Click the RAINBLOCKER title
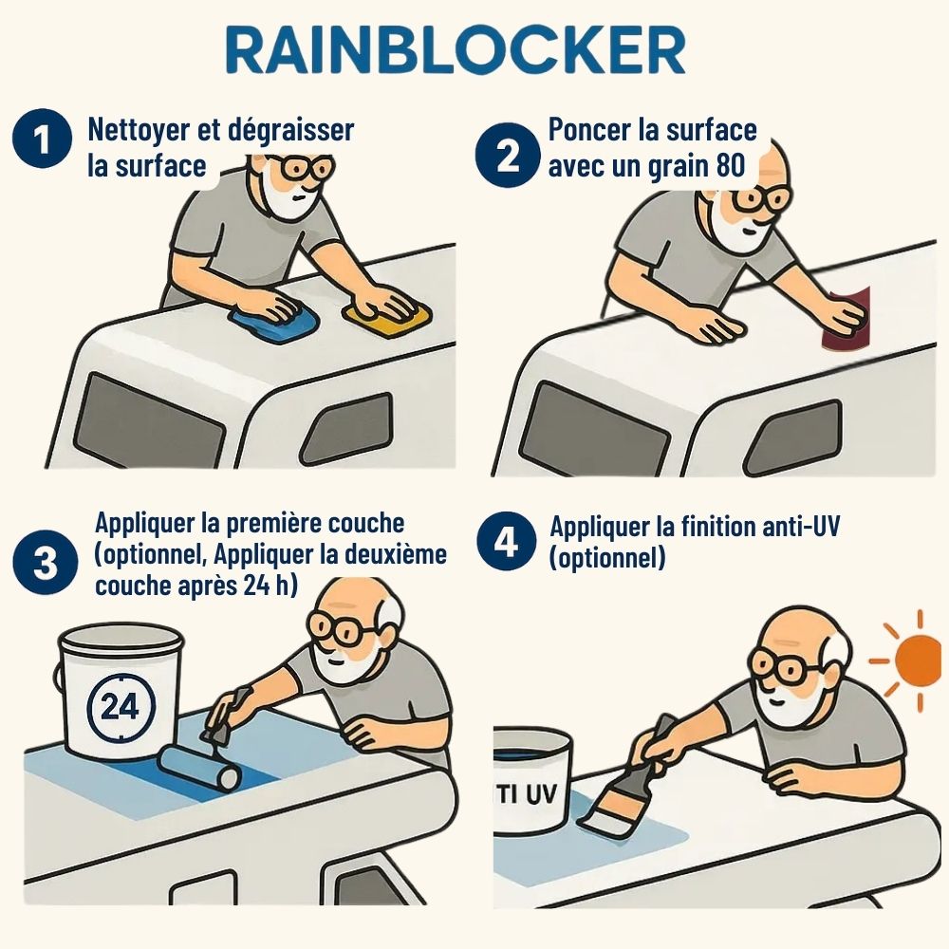[456, 50]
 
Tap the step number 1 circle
[42, 140]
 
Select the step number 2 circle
[507, 155]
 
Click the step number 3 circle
[46, 563]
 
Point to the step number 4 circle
[506, 542]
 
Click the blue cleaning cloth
[274, 321]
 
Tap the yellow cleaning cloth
[388, 316]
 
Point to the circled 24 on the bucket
[121, 706]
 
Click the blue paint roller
[199, 768]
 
